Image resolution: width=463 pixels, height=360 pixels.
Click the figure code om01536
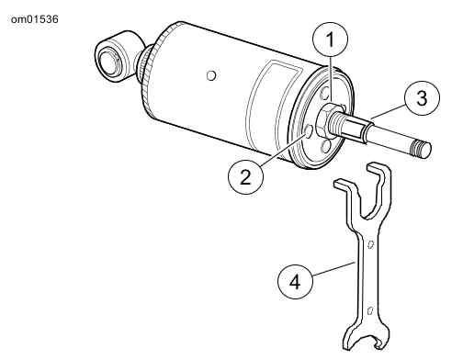point(34,19)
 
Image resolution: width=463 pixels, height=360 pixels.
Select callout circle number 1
point(330,39)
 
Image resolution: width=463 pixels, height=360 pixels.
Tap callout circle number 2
point(245,176)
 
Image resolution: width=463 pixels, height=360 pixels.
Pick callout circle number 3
point(422,98)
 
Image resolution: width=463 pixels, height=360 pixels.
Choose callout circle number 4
point(295,281)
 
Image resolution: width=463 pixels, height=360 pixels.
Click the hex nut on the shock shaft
point(325,119)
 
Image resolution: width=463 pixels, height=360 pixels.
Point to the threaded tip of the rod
point(422,149)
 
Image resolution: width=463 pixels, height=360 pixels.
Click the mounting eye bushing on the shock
point(109,62)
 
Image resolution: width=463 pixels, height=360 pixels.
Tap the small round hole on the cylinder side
point(211,75)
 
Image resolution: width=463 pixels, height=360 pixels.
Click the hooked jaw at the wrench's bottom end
point(366,336)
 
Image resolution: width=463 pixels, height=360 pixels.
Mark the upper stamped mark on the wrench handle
point(371,244)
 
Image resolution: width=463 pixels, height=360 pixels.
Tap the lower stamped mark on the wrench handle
point(370,310)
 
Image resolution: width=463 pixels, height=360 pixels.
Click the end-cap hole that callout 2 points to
point(309,131)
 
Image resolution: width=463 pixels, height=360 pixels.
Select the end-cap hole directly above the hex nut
point(325,94)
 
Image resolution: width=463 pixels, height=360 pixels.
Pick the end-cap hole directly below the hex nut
point(326,147)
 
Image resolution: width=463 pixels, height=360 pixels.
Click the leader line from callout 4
point(333,268)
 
